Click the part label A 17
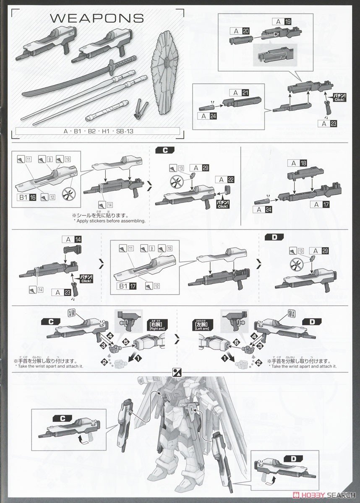320,205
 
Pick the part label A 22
224,179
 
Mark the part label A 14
72,239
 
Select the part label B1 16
27,196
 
